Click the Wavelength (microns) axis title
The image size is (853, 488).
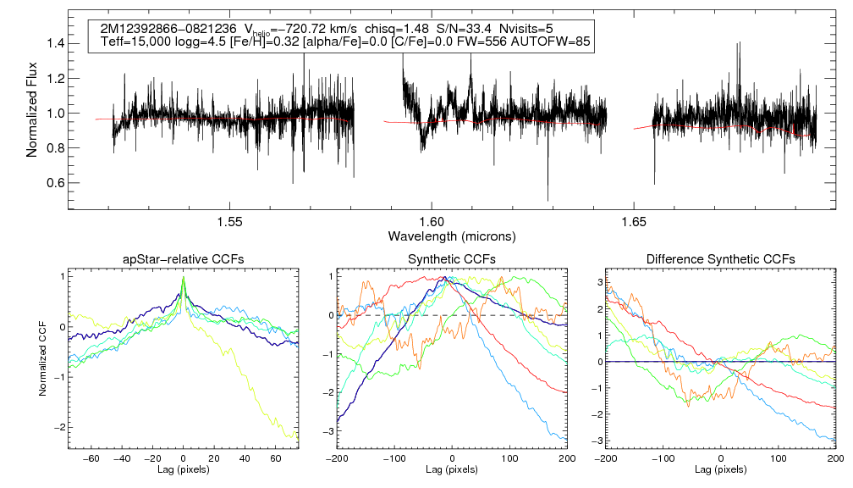(452, 235)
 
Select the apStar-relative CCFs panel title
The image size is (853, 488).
(183, 259)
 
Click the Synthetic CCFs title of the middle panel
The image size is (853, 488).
(452, 259)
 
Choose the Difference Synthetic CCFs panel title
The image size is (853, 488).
(720, 259)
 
